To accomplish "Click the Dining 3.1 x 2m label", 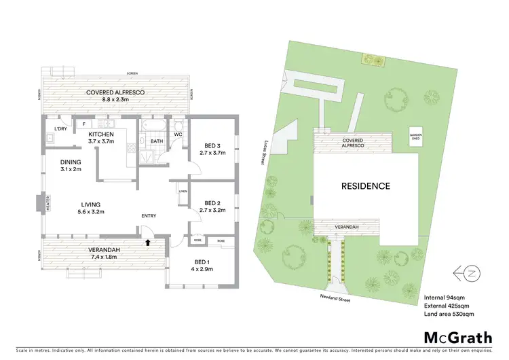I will point(71,165).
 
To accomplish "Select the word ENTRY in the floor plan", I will point(149,216).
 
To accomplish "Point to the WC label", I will point(178,134).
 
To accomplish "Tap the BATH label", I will point(156,141).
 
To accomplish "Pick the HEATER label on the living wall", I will point(38,204).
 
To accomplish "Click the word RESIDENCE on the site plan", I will point(365,185).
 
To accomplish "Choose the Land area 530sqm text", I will point(449,314).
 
